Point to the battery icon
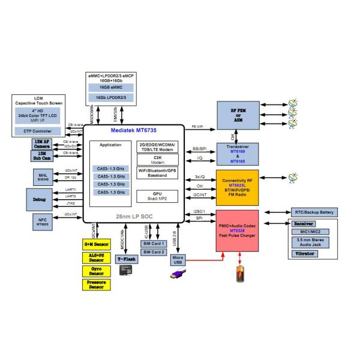click(x=239, y=275)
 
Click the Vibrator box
click(x=305, y=254)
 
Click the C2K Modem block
click(x=158, y=160)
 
